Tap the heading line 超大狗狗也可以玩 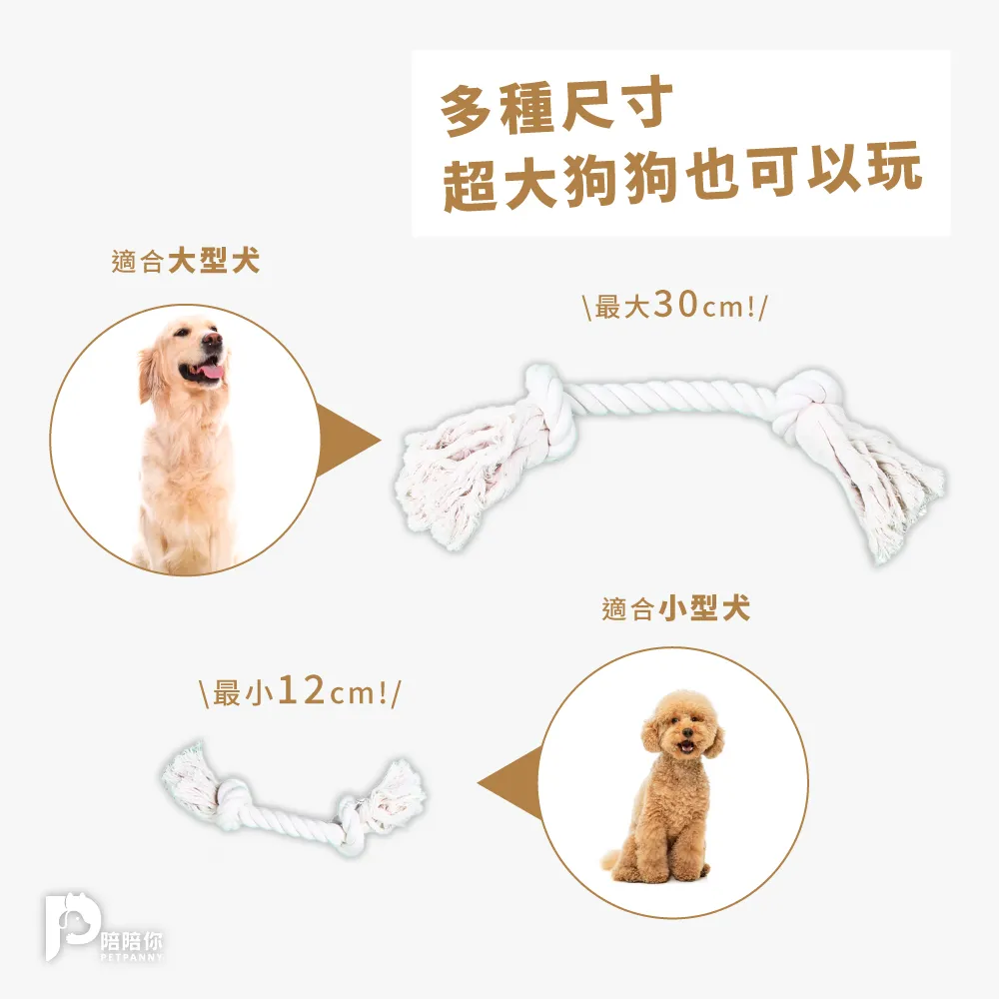[681, 183]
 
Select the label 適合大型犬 [185, 263]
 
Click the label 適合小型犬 [676, 608]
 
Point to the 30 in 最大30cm [676, 306]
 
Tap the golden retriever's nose [213, 340]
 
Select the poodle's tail [608, 860]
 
